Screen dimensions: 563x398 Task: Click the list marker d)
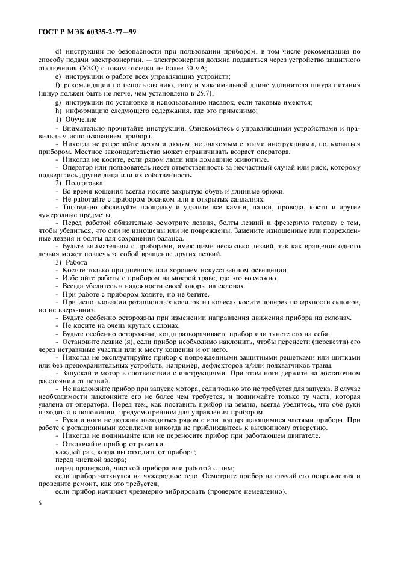coord(58,52)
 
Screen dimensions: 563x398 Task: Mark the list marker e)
coord(58,77)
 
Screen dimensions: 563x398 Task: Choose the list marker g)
coord(58,102)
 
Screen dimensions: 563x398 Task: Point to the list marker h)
coord(58,111)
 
